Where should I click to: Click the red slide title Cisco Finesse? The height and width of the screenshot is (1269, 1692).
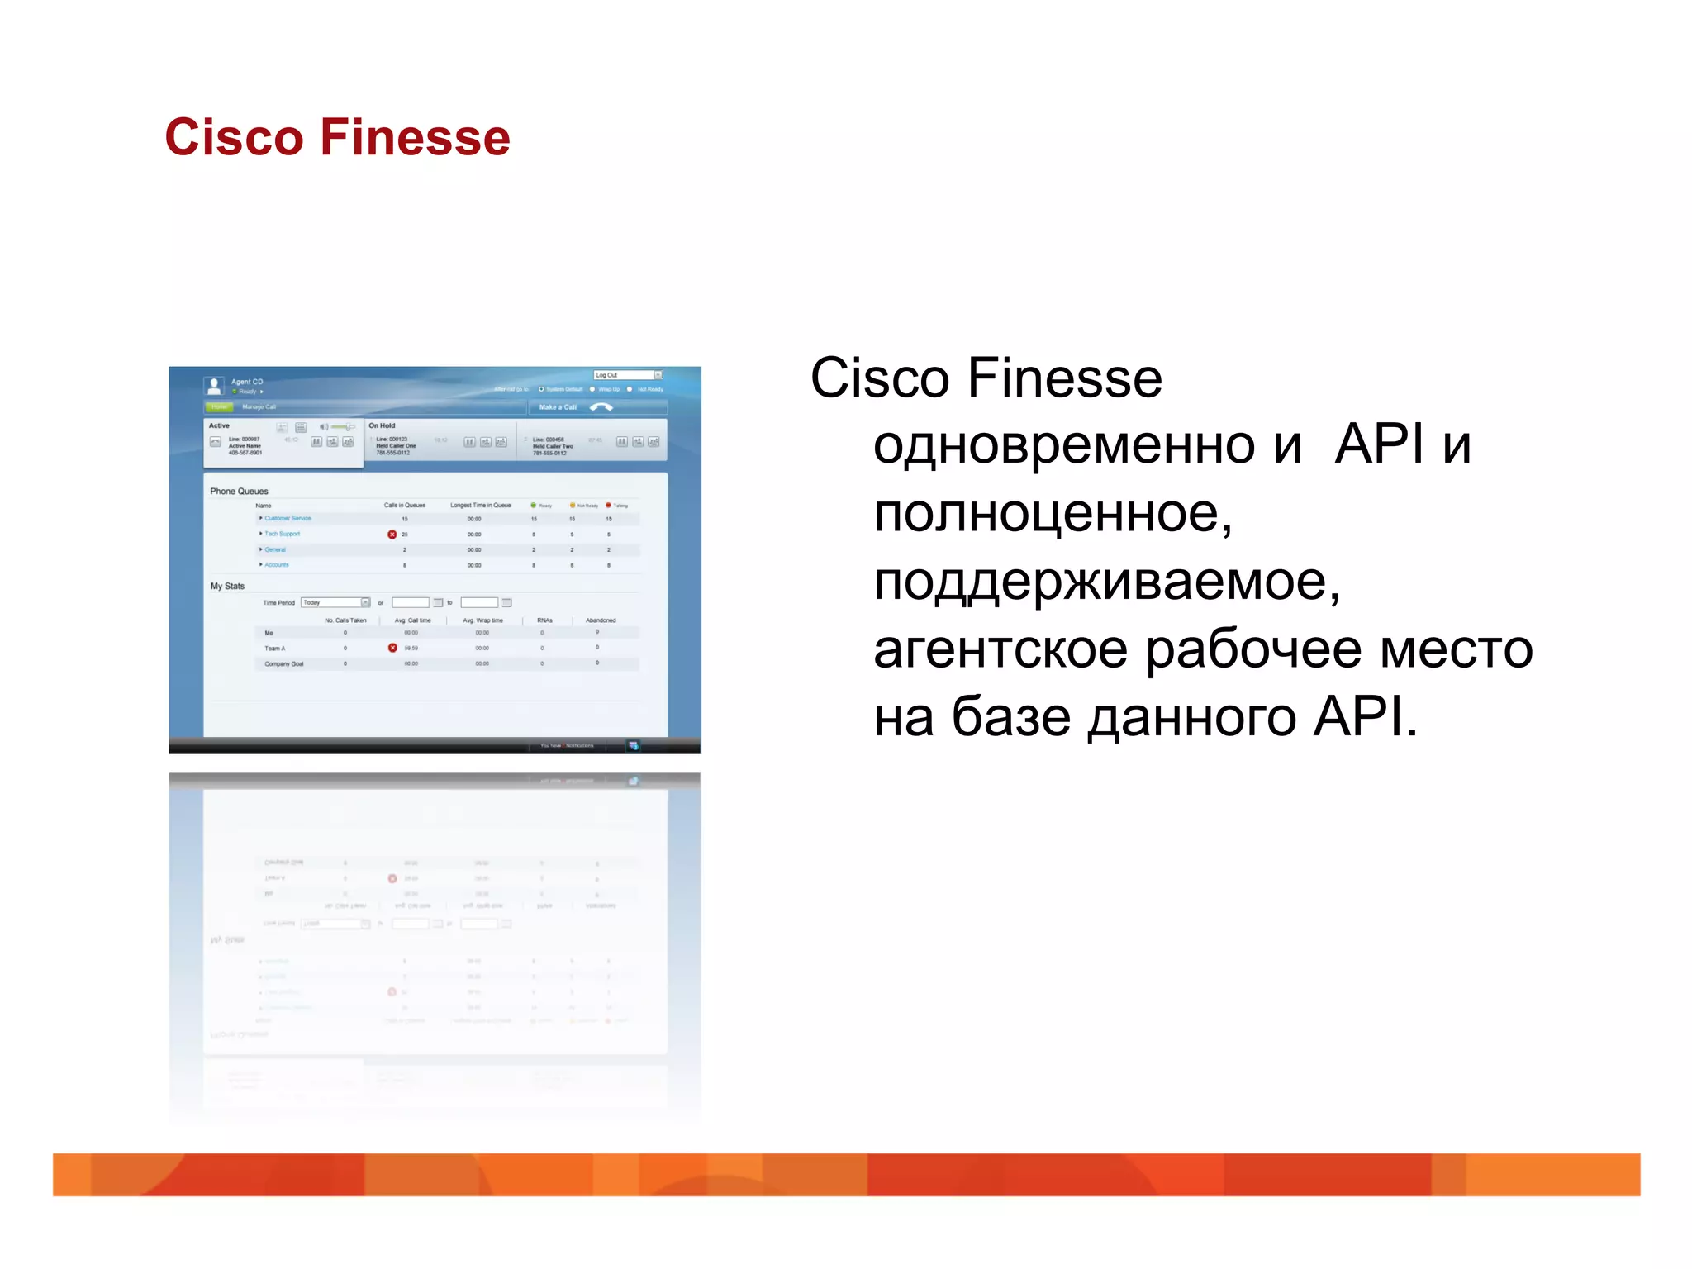pyautogui.click(x=337, y=137)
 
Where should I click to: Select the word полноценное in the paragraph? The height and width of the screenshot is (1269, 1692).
pyautogui.click(x=1051, y=513)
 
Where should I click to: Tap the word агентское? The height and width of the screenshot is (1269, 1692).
pyautogui.click(x=1000, y=649)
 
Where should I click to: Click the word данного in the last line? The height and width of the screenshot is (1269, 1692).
pyautogui.click(x=1191, y=717)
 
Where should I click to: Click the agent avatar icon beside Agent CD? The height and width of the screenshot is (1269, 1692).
pyautogui.click(x=215, y=385)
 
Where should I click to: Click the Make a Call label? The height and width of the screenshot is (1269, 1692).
pyautogui.click(x=558, y=407)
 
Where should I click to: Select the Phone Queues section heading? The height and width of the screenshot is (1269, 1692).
pyautogui.click(x=239, y=492)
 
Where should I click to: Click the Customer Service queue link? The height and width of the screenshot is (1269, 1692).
pyautogui.click(x=288, y=519)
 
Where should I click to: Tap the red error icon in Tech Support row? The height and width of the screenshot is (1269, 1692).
pyautogui.click(x=392, y=535)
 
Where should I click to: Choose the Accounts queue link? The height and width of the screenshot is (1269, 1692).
pyautogui.click(x=277, y=565)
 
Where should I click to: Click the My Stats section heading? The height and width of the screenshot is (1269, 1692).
pyautogui.click(x=227, y=587)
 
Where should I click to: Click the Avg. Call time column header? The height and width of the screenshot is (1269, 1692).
pyautogui.click(x=412, y=620)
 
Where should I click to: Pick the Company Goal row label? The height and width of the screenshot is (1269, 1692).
pyautogui.click(x=284, y=664)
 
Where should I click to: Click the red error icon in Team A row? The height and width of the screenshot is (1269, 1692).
pyautogui.click(x=392, y=649)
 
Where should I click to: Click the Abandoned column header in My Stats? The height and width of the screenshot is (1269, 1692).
pyautogui.click(x=601, y=620)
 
